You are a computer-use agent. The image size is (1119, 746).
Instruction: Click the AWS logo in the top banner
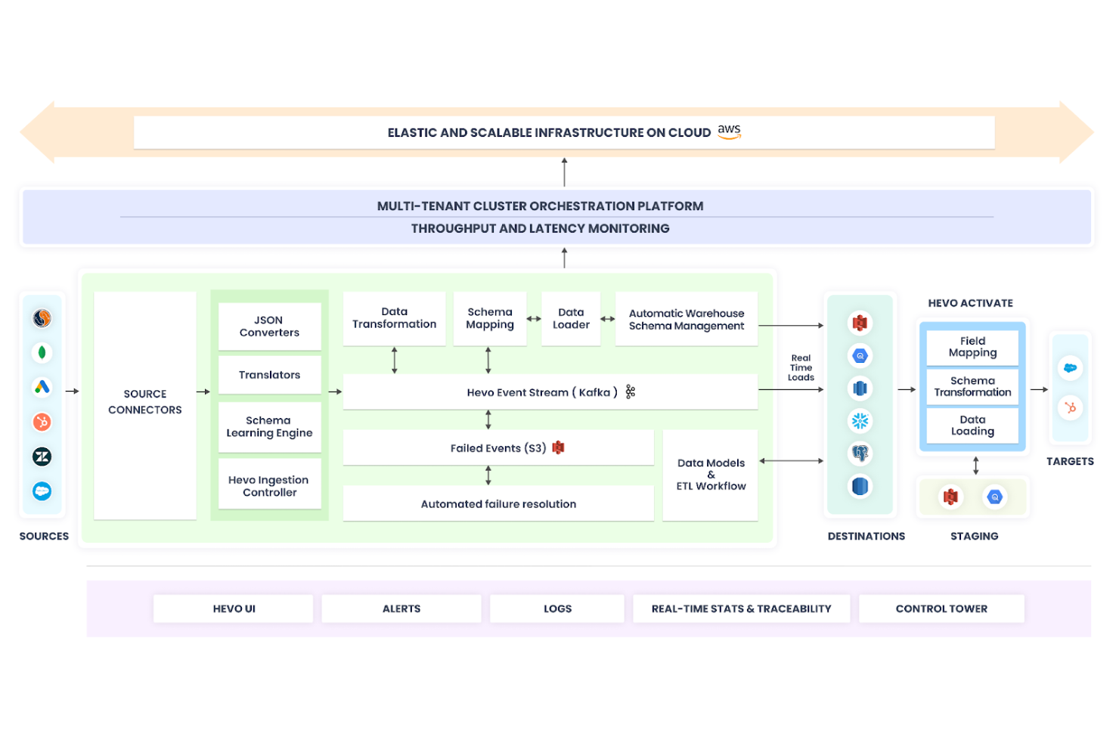coord(729,132)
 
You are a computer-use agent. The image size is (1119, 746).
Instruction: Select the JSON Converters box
coord(269,327)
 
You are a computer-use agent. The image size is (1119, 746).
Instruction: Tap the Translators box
coord(269,375)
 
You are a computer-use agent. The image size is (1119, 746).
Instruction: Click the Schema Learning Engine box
coord(269,427)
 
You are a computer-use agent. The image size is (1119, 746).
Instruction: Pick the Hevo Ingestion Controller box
coord(269,486)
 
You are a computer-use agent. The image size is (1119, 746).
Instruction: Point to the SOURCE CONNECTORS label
coord(145,402)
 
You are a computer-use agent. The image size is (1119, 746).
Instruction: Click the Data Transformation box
coord(394,318)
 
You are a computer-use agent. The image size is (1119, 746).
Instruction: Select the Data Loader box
coord(571,318)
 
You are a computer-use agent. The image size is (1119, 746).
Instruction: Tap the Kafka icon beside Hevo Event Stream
coord(631,392)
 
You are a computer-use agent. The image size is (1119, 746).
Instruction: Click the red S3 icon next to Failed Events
coord(559,447)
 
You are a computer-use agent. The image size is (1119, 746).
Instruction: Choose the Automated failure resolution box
coord(498,504)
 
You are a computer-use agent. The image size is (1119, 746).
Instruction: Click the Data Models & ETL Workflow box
coord(711,475)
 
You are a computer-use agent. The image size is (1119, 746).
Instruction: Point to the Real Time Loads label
coord(801,368)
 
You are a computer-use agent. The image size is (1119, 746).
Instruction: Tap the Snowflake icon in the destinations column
coord(860,421)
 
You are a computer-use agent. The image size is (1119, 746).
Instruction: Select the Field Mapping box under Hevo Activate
coord(972,347)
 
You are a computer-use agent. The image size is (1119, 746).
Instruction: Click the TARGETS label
coord(1070,461)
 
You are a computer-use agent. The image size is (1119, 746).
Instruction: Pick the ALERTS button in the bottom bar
coord(401,608)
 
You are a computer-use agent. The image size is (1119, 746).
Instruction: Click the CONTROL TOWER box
coord(941,608)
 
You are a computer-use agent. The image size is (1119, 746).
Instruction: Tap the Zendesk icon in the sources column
coord(42,457)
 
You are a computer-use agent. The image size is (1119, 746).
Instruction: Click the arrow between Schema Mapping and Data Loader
coord(534,319)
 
